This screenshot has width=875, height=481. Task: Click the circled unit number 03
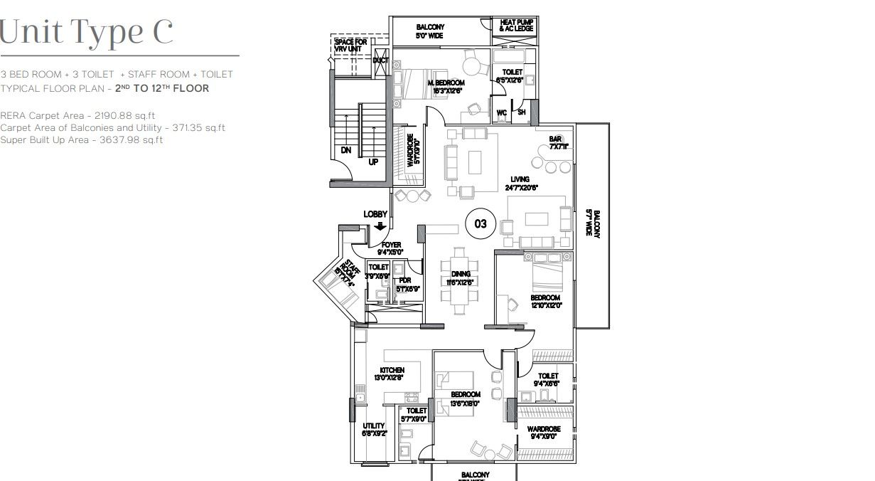tap(481, 224)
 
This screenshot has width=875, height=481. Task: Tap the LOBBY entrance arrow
tap(380, 226)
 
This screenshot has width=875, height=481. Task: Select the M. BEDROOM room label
tap(446, 83)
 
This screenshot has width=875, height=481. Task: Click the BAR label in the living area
tap(555, 139)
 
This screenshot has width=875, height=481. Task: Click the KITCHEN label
tap(392, 370)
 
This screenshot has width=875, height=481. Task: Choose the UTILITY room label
tap(373, 426)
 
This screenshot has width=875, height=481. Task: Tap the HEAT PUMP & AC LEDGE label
tap(516, 24)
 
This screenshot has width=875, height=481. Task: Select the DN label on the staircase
tap(345, 150)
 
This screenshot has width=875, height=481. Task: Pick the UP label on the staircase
tap(373, 162)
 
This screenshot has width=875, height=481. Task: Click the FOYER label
tap(391, 245)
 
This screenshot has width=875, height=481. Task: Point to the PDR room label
tap(405, 280)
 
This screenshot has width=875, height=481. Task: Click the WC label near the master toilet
tap(501, 112)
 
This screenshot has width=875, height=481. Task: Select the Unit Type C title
tap(87, 32)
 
